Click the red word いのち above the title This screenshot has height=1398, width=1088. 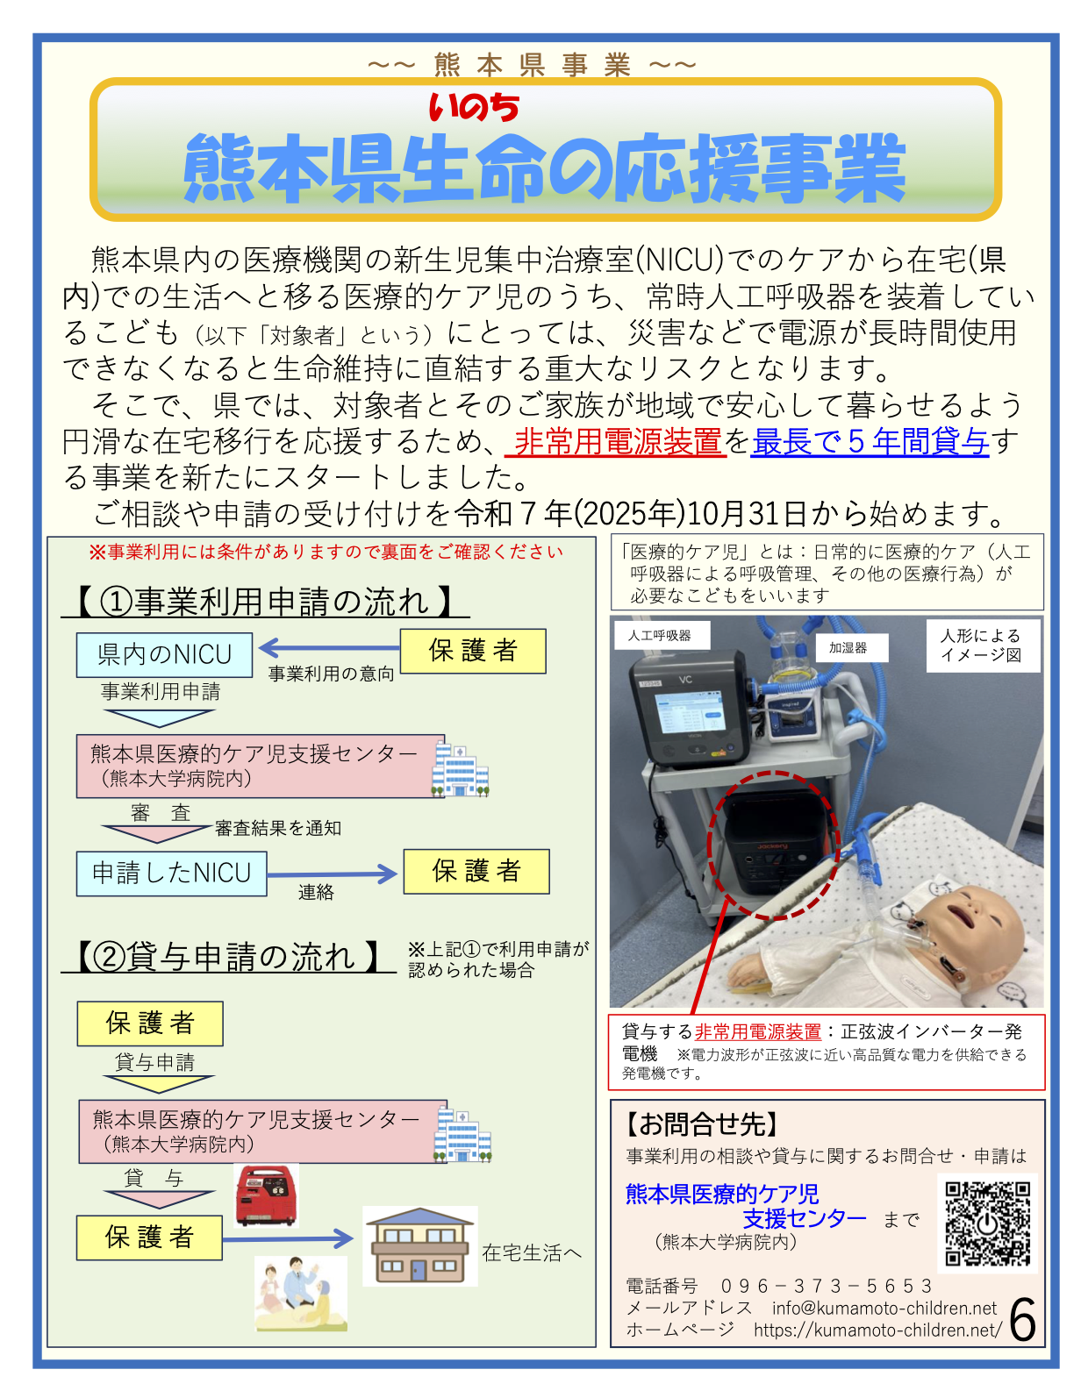coord(474,108)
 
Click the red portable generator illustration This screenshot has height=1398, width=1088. coord(267,1195)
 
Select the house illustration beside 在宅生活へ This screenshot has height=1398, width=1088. coord(419,1245)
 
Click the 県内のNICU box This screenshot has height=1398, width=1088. coord(164,654)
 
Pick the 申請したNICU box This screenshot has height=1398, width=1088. coord(171,873)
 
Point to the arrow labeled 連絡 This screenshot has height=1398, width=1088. coord(332,874)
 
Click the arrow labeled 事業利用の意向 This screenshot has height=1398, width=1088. coord(329,647)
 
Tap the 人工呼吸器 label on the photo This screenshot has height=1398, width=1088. coord(660,635)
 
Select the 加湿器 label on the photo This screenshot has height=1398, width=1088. coord(848,647)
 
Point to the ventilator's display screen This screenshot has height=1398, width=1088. coord(689,715)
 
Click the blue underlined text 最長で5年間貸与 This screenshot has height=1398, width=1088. coord(870,440)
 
